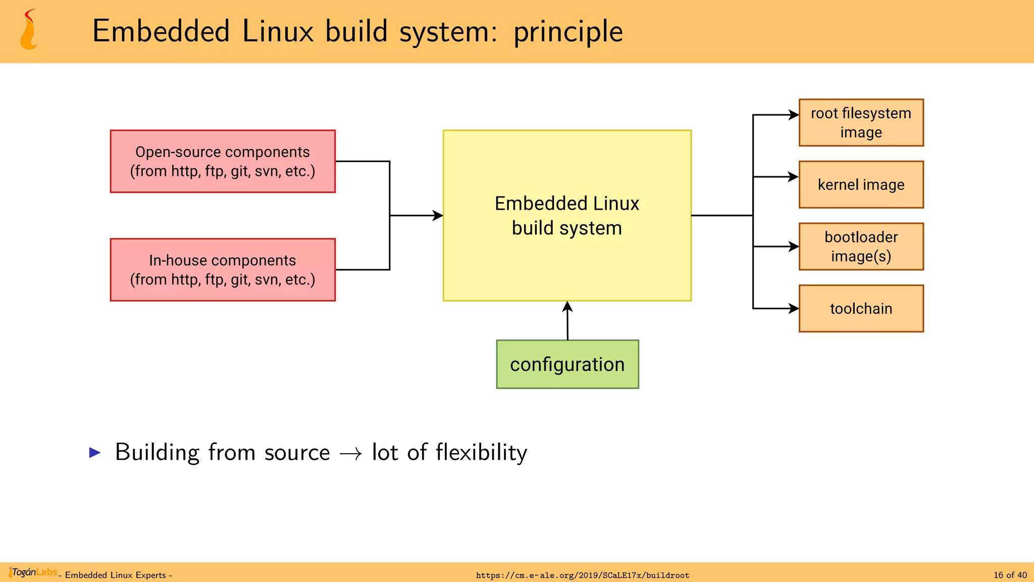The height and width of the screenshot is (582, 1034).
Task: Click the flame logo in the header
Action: (29, 30)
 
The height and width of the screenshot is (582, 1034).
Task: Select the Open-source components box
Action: (223, 161)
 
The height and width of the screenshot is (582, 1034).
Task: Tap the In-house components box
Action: (223, 270)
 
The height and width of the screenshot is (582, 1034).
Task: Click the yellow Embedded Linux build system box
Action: (567, 216)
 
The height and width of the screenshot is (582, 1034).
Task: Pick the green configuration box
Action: (567, 364)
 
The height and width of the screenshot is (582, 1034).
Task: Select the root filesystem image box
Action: (861, 123)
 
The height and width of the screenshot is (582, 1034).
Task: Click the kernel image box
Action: (861, 185)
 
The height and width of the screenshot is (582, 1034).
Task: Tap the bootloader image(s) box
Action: (861, 247)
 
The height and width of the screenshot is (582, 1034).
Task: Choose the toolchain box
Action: (861, 309)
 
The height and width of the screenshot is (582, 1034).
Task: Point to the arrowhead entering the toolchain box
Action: (794, 309)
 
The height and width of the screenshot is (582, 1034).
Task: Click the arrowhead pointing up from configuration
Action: (567, 307)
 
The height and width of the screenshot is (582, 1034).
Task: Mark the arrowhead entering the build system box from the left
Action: (438, 216)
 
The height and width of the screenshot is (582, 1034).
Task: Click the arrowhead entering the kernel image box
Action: (794, 177)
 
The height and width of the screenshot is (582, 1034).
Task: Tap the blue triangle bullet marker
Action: (95, 452)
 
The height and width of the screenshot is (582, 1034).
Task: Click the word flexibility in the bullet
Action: (481, 452)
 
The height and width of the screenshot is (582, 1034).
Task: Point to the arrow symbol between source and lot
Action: (351, 454)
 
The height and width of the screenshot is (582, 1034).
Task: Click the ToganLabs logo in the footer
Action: (33, 572)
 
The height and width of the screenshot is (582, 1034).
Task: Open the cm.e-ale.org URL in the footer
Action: (582, 575)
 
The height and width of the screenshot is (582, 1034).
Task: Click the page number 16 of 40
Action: (1010, 575)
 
